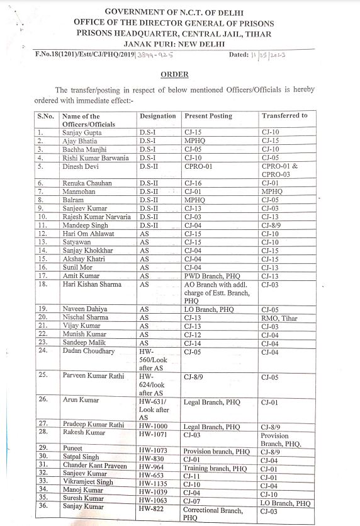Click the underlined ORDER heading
174,74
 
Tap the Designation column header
157,116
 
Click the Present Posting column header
208,116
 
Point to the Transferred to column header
284,116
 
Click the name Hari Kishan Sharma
93,284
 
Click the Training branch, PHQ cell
215,469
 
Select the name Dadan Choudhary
89,351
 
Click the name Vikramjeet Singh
87,482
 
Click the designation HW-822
152,508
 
